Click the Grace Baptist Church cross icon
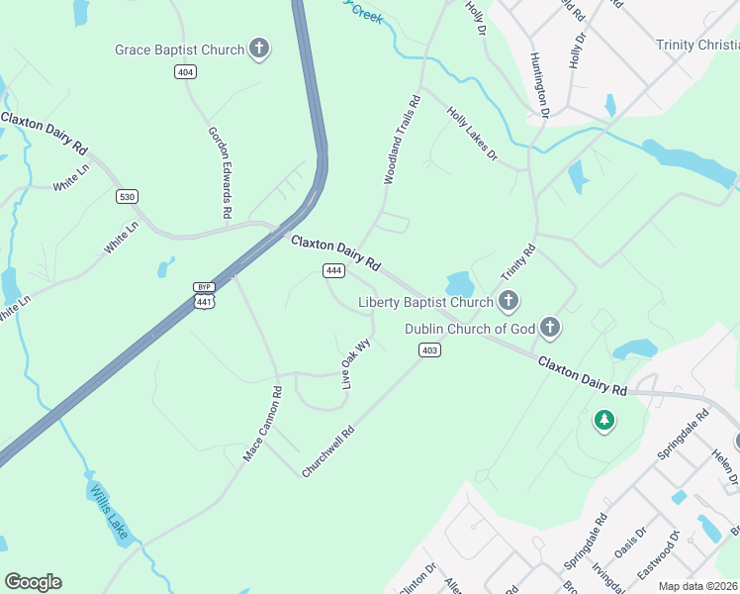(x=259, y=49)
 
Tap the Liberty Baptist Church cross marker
(x=509, y=301)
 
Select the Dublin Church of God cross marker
(x=550, y=328)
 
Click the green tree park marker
(x=603, y=421)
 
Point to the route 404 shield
(x=185, y=71)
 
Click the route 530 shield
(x=127, y=196)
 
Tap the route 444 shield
(x=333, y=270)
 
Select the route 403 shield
(x=429, y=349)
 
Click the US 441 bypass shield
(x=204, y=295)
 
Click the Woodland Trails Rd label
(x=403, y=141)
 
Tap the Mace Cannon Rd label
(x=263, y=424)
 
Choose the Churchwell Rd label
(x=328, y=452)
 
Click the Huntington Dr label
(x=539, y=84)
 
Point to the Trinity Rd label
(x=517, y=262)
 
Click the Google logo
(x=33, y=582)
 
